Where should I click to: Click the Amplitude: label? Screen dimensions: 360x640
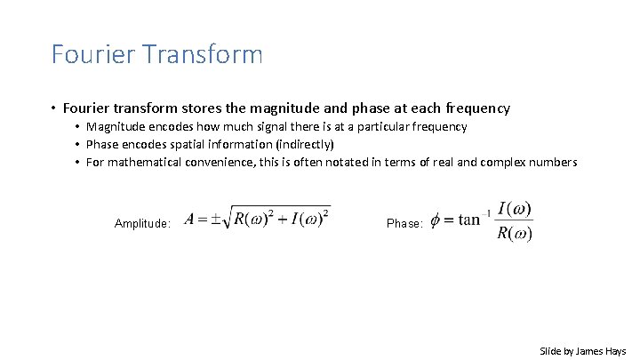point(143,225)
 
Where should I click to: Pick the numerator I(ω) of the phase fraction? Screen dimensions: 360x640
point(515,209)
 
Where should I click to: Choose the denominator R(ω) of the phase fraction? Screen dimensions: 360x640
point(515,235)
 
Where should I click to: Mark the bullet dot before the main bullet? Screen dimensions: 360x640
point(54,109)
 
